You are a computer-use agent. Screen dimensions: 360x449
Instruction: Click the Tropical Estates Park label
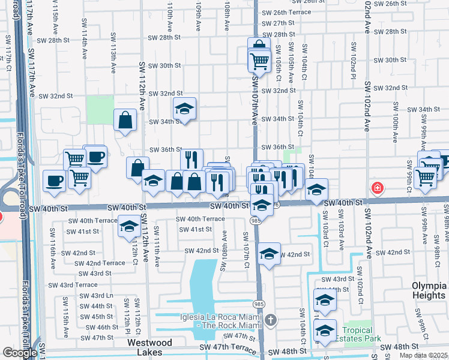[358, 335]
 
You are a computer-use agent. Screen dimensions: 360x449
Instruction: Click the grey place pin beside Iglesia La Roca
[271, 319]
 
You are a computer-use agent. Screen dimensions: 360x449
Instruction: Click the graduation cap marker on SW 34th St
[185, 109]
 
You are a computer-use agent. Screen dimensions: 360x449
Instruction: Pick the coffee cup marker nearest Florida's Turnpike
[54, 181]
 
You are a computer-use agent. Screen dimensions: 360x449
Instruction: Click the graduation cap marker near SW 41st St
[129, 227]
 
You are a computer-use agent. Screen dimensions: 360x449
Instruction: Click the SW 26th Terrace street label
[292, 13]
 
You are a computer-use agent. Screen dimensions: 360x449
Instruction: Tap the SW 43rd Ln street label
[97, 296]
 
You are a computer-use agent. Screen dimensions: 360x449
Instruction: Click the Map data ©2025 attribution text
[424, 355]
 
